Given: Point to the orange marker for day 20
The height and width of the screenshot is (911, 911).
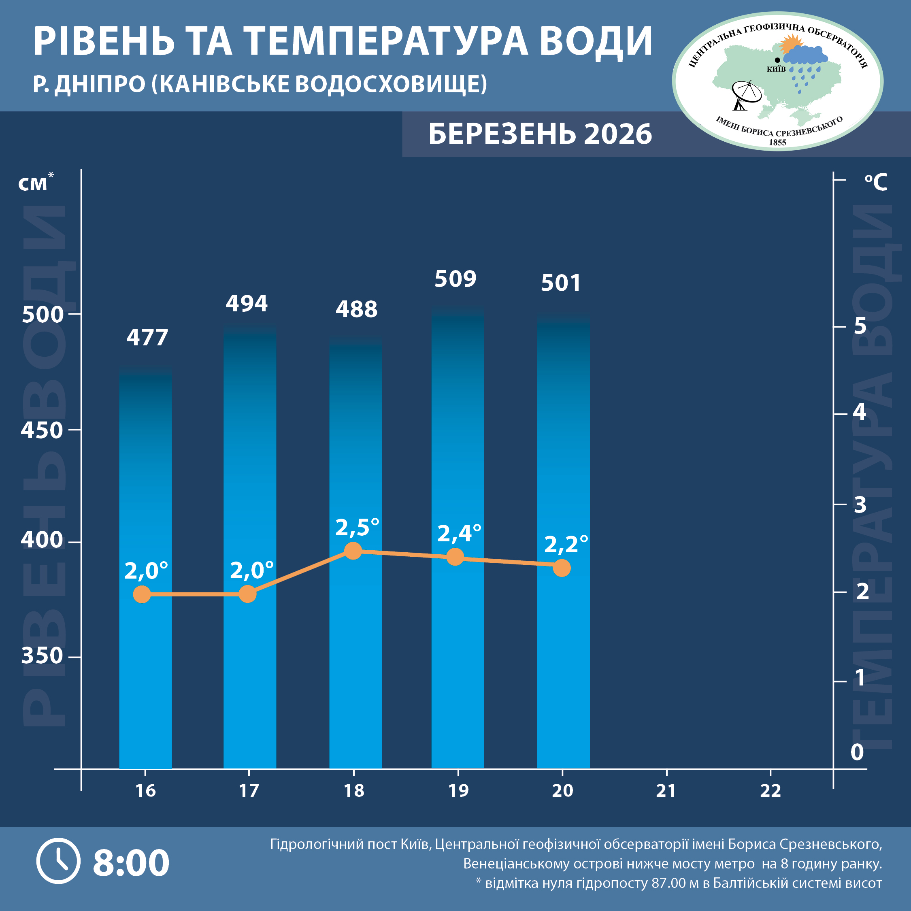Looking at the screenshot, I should pyautogui.click(x=562, y=568).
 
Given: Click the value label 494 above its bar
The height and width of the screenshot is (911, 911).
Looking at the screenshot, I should pyautogui.click(x=246, y=303).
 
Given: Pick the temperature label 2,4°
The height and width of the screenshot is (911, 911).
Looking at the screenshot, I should pyautogui.click(x=459, y=533).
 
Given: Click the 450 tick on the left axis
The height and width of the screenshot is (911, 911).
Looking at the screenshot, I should pyautogui.click(x=42, y=430).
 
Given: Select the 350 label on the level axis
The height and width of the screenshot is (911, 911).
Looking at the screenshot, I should pyautogui.click(x=42, y=656).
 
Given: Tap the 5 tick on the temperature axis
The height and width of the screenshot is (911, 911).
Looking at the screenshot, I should pyautogui.click(x=860, y=326).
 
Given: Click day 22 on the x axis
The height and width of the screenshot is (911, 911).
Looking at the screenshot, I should pyautogui.click(x=770, y=791).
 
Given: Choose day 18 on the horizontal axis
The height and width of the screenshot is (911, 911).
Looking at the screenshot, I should pyautogui.click(x=353, y=791).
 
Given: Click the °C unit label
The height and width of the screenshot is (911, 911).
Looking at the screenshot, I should pyautogui.click(x=876, y=182).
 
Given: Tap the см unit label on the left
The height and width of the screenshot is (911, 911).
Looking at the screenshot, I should pyautogui.click(x=33, y=184).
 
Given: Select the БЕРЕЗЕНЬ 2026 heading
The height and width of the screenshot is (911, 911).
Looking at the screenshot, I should pyautogui.click(x=540, y=134).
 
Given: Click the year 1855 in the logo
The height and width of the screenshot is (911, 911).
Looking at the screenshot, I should pyautogui.click(x=777, y=143).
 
